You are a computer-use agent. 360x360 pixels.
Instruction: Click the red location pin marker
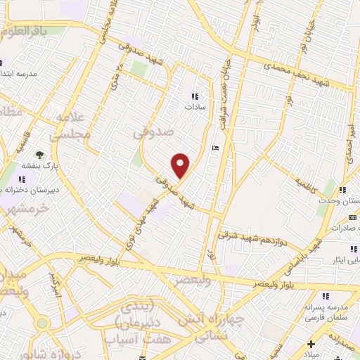tap(181, 165)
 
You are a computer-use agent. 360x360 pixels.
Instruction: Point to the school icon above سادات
tap(194, 97)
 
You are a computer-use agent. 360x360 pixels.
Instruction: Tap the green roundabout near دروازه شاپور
tap(43, 323)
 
